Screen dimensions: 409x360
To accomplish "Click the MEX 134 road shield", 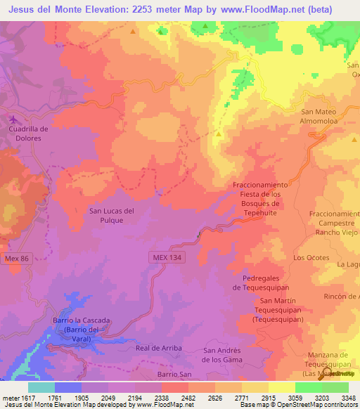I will click(x=167, y=259).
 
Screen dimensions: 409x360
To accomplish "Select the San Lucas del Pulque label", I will click(x=111, y=215).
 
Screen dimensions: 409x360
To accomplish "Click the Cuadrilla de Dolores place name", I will click(x=28, y=134).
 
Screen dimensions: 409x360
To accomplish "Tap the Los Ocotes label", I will click(x=311, y=258).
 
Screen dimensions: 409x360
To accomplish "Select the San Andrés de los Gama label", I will click(x=222, y=355).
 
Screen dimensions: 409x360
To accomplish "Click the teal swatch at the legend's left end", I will click(x=41, y=387).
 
